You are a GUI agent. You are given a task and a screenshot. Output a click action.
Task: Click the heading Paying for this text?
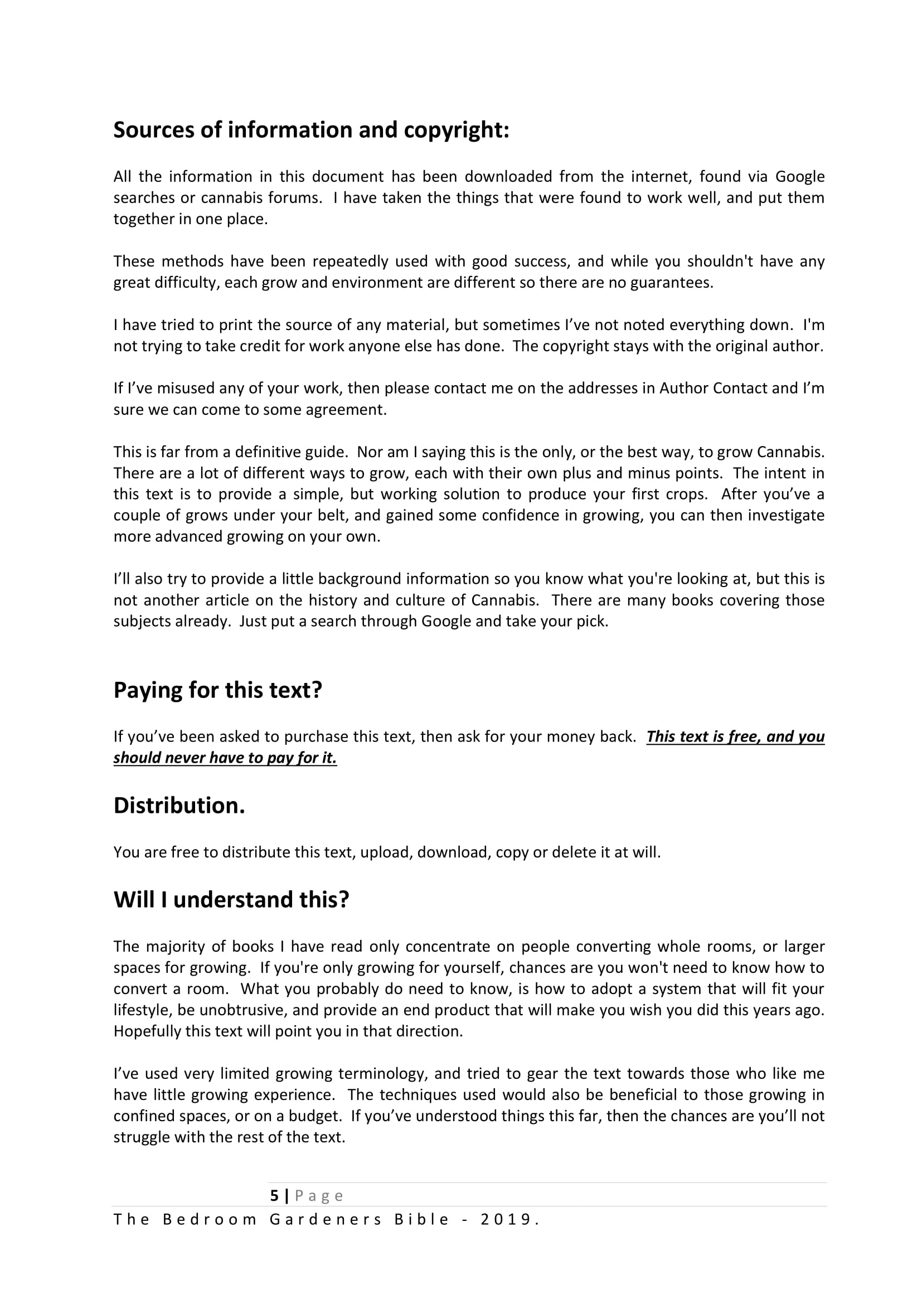point(217,690)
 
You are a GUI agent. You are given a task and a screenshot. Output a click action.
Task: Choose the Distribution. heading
point(179,806)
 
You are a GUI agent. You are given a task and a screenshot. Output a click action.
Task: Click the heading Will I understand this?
point(231,900)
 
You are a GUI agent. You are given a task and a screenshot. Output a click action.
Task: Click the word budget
point(312,1116)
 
